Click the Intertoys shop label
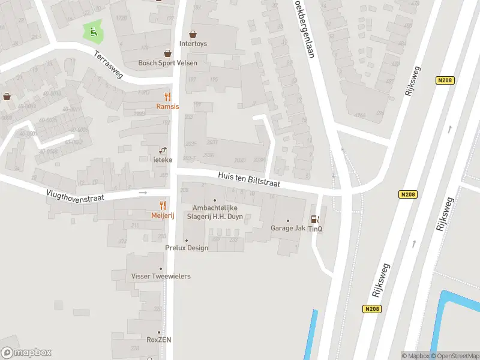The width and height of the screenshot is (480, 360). click(x=193, y=44)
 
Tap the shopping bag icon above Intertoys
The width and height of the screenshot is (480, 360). click(x=193, y=34)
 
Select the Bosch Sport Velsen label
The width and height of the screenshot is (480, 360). click(x=167, y=63)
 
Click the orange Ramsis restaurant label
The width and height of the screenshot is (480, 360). click(x=167, y=106)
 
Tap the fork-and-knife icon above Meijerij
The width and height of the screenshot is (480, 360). click(x=163, y=206)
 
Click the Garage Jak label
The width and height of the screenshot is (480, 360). click(x=288, y=228)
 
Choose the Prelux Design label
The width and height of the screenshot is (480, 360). click(x=187, y=248)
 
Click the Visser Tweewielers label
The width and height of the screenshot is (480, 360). click(x=161, y=276)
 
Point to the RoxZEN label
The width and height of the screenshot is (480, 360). click(x=160, y=340)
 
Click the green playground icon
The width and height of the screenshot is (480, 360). click(x=93, y=31)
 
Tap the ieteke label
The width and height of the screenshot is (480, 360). click(x=162, y=160)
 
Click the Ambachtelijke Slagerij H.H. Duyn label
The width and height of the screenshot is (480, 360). click(x=215, y=212)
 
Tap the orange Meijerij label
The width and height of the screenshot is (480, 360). click(x=163, y=216)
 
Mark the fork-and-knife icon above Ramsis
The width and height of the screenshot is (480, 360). click(x=167, y=96)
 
